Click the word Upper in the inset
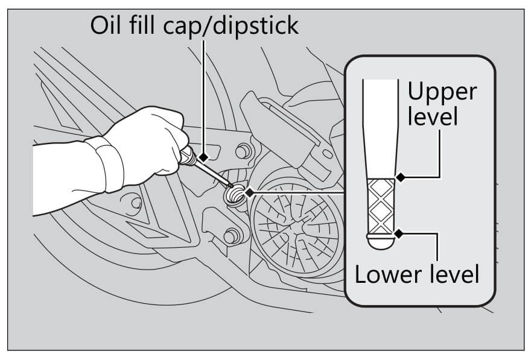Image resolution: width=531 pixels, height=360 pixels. (x=442, y=92)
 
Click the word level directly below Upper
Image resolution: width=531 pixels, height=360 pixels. (x=432, y=116)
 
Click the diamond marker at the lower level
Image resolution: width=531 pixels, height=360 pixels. (x=398, y=232)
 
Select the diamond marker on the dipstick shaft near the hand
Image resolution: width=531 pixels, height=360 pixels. (x=205, y=157)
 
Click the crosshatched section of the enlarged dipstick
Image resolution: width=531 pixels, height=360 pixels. (x=381, y=205)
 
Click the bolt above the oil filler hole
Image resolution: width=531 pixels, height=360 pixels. (x=244, y=150)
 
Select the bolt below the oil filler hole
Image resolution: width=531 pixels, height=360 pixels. (x=230, y=235)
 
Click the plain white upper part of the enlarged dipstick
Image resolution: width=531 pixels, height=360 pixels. (x=380, y=121)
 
